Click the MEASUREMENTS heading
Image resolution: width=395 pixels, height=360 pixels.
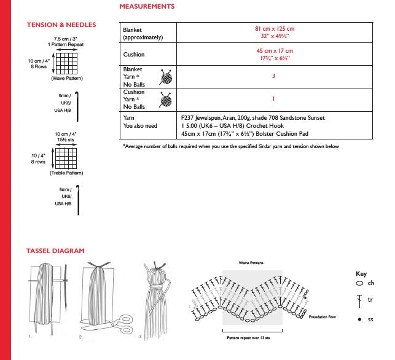(147, 7)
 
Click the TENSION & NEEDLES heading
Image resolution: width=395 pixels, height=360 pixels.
(61, 25)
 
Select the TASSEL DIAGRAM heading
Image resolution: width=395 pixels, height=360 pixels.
(55, 251)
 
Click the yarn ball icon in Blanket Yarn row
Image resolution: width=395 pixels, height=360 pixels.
(165, 77)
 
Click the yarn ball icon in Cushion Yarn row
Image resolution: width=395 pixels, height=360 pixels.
(165, 99)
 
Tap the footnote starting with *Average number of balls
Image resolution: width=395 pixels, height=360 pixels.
(239, 146)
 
